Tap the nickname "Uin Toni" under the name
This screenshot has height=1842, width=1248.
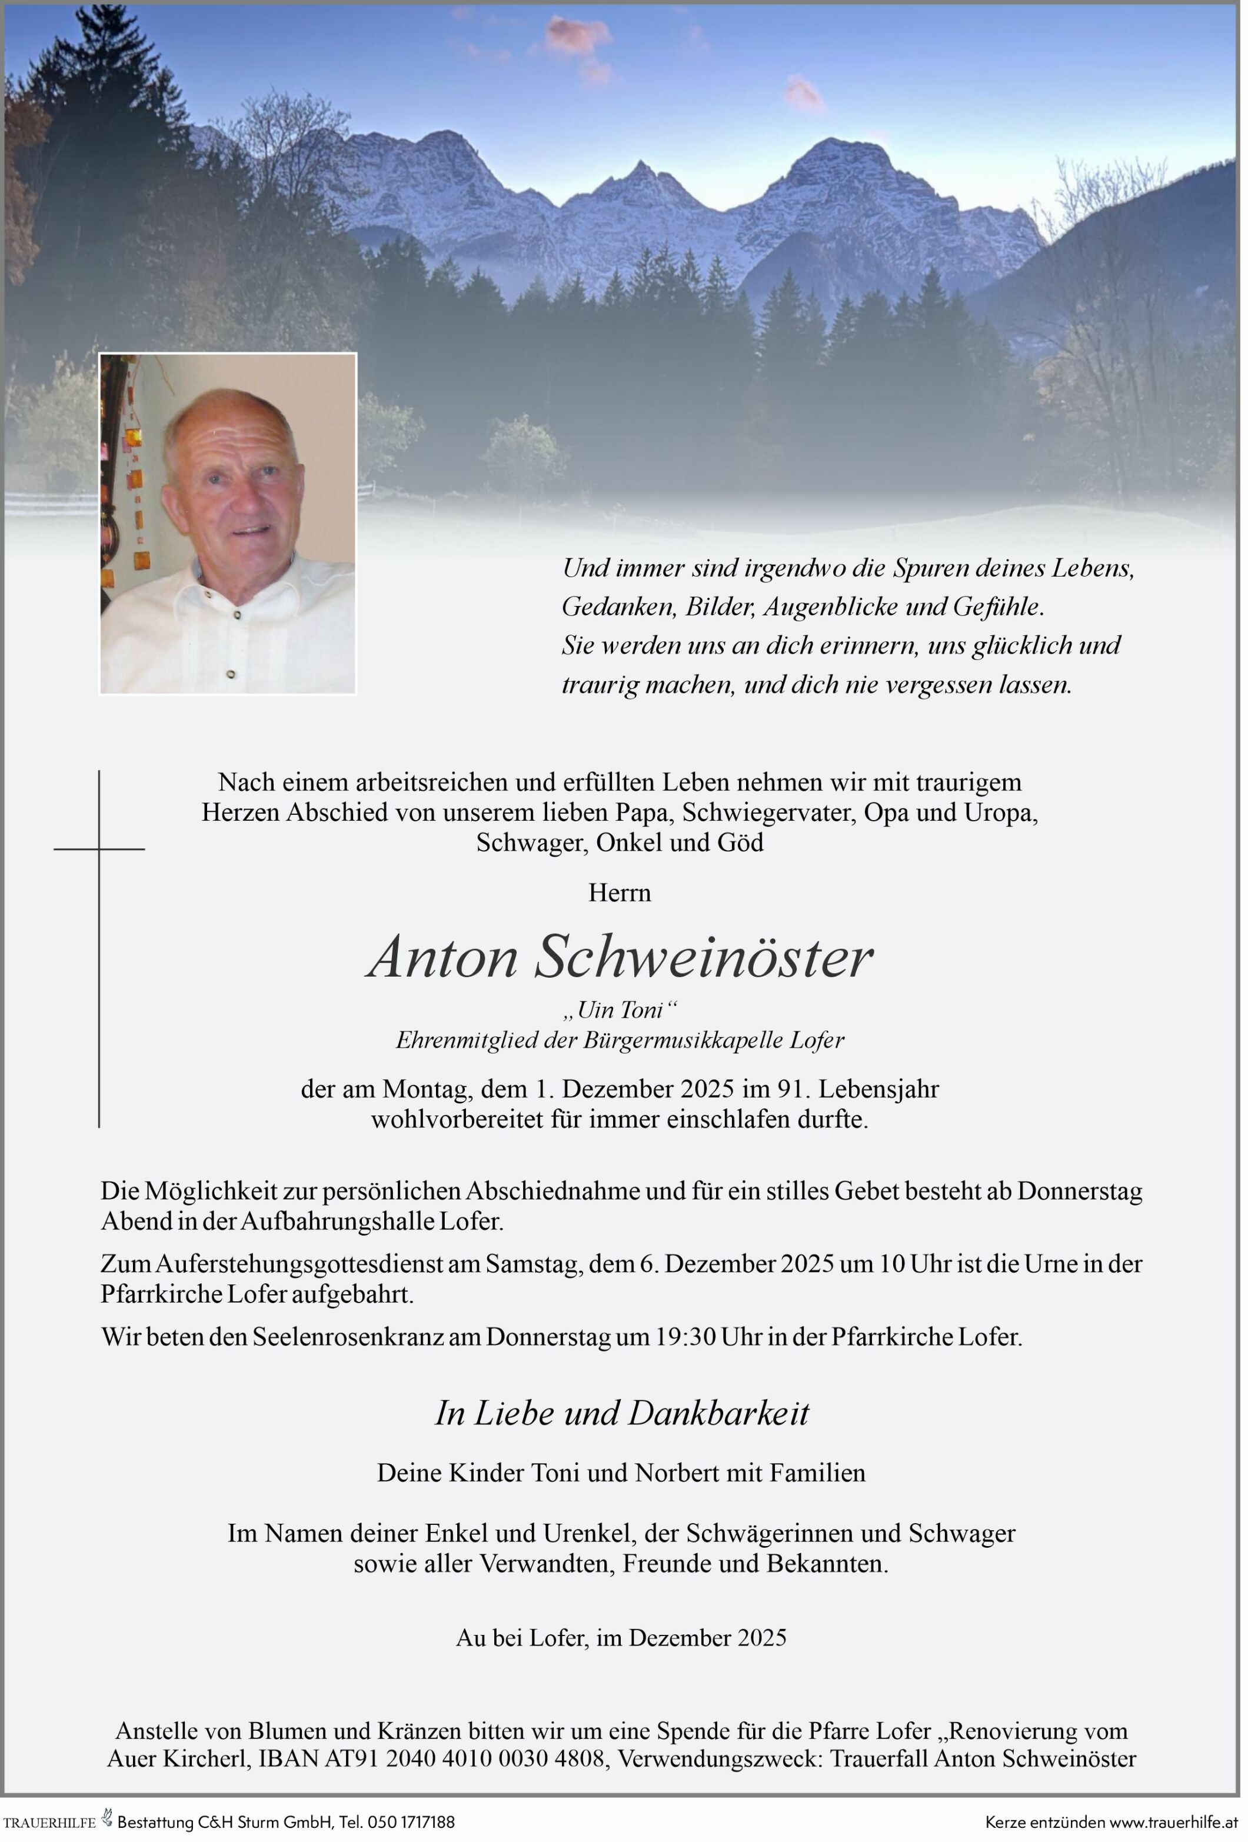[620, 1010]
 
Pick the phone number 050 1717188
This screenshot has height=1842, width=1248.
[411, 1822]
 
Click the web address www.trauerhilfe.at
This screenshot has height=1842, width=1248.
[1173, 1822]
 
